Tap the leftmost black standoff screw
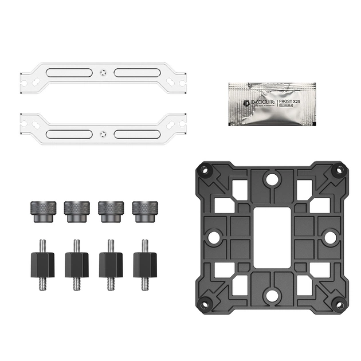click(42, 263)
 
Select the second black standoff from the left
click(76, 263)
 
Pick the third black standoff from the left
click(111, 263)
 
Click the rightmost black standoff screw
click(144, 263)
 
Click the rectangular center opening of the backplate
click(271, 235)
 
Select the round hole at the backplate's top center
click(271, 180)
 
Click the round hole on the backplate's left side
click(213, 236)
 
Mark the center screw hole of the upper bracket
click(102, 73)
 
